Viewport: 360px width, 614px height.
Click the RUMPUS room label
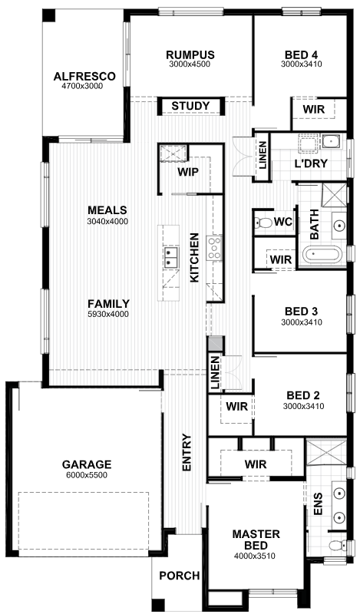[x=190, y=54]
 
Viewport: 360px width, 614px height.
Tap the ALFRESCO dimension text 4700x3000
[x=82, y=86]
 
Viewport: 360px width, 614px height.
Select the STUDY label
[x=191, y=106]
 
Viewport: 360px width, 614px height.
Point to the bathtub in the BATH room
[x=322, y=255]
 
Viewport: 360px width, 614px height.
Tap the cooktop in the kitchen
[x=215, y=248]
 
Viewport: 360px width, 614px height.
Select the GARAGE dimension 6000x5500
[x=87, y=475]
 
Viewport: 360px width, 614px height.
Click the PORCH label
[x=180, y=576]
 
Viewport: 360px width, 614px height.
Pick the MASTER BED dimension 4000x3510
[x=255, y=556]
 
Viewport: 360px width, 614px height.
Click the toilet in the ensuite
[x=336, y=545]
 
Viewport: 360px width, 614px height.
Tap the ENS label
[x=318, y=504]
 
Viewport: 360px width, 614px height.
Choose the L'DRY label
[x=311, y=163]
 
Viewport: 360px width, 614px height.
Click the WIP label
[x=188, y=172]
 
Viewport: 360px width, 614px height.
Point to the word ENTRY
[x=187, y=452]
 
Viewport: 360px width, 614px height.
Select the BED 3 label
[x=301, y=312]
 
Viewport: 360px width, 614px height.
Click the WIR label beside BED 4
[x=314, y=109]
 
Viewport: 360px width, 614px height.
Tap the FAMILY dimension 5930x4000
[x=108, y=314]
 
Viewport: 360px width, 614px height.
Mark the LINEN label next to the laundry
[x=263, y=156]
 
